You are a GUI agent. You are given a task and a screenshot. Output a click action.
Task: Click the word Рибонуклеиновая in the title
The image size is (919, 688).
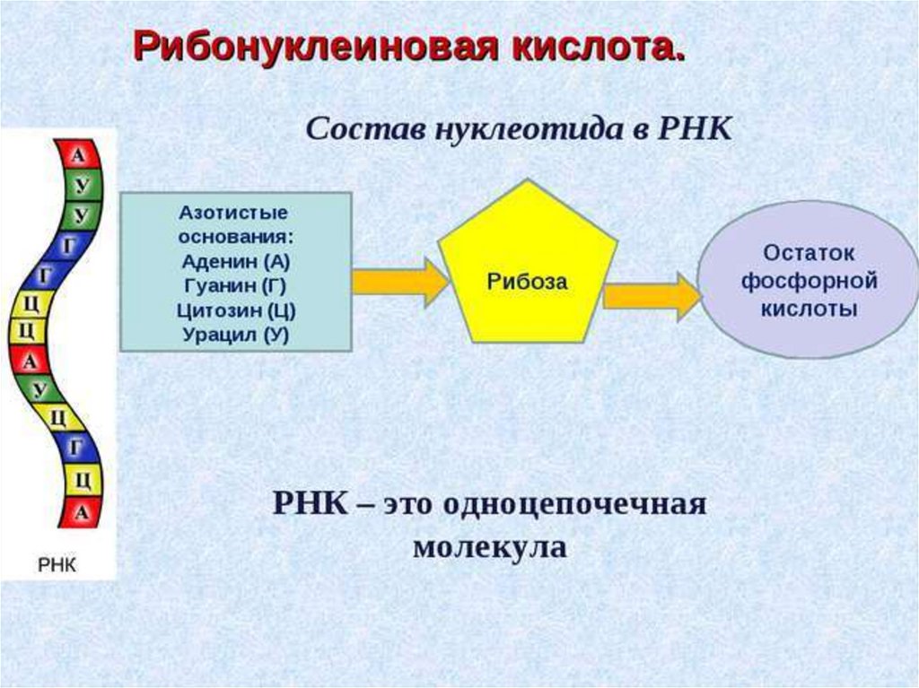[x=310, y=45]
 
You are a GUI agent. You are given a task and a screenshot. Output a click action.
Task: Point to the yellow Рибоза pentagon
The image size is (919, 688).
[x=528, y=269]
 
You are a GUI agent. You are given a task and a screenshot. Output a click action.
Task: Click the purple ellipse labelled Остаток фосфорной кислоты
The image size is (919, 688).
[x=808, y=280]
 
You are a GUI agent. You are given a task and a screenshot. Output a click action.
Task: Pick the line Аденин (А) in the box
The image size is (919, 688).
[x=236, y=263]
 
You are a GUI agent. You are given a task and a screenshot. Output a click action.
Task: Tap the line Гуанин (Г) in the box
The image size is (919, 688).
[x=235, y=287]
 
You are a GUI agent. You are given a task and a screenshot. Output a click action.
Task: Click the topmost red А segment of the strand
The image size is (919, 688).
[x=79, y=156]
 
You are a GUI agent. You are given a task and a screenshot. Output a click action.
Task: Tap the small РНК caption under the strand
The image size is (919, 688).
[x=57, y=564]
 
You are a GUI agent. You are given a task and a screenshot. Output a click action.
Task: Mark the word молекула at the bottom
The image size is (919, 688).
[x=490, y=547]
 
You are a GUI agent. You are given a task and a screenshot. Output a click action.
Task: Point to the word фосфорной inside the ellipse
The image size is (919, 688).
[x=808, y=281]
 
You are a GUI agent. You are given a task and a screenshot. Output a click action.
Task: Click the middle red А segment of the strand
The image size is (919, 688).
[x=31, y=362]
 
